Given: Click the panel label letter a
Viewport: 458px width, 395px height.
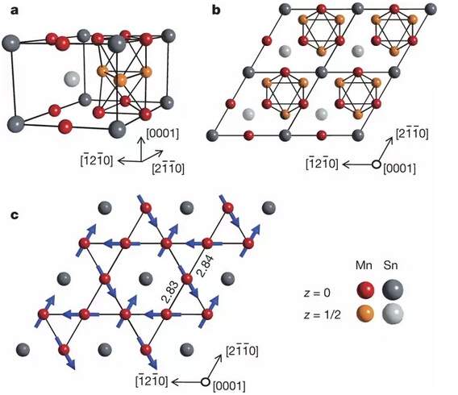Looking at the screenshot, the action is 15,10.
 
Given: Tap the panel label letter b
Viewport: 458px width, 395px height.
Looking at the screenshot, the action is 216,10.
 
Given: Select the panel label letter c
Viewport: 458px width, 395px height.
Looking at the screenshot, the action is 15,215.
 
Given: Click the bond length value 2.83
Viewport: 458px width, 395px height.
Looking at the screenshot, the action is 169,293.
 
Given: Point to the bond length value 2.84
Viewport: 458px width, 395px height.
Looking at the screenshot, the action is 205,266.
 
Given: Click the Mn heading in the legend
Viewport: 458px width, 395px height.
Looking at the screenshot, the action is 364,265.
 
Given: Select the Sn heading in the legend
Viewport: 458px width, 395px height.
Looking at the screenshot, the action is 391,265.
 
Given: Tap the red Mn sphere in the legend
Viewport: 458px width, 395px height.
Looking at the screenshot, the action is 365,290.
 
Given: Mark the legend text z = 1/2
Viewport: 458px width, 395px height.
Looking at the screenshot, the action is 323,314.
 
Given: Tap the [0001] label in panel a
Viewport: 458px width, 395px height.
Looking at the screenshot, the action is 162,134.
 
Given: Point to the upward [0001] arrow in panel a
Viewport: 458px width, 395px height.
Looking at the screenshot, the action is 142,149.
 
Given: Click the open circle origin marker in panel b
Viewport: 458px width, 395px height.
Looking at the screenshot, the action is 377,164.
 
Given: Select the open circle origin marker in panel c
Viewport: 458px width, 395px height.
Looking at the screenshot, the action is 206,381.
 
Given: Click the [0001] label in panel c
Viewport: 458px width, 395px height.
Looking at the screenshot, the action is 229,386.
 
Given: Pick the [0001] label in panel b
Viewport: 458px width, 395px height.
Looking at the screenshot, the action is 399,168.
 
